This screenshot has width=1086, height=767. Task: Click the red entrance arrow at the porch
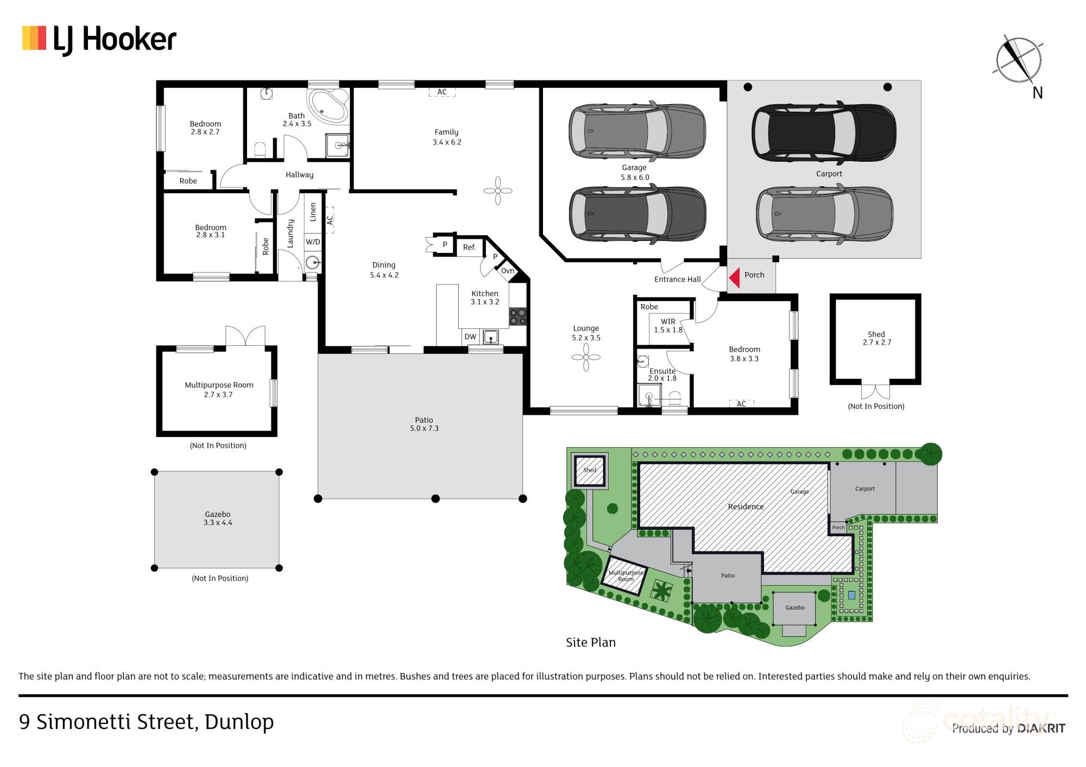(735, 277)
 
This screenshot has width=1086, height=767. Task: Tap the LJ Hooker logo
(99, 40)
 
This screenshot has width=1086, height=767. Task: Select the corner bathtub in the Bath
(327, 105)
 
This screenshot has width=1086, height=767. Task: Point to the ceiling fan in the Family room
(498, 191)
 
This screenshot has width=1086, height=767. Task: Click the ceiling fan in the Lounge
(586, 357)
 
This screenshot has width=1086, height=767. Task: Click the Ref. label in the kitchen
(469, 248)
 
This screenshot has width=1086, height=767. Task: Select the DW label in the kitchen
(470, 337)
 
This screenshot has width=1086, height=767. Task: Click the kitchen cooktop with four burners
(517, 316)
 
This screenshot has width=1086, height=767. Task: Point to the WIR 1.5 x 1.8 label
(668, 326)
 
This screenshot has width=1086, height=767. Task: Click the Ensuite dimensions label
(662, 378)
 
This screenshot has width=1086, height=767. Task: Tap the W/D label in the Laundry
(313, 242)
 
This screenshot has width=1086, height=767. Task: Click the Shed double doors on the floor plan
(876, 391)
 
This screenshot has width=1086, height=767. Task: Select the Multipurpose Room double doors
(245, 335)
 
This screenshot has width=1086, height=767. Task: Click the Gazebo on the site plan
(794, 608)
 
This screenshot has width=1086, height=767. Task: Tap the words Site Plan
(591, 643)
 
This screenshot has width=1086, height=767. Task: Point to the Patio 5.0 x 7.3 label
(424, 424)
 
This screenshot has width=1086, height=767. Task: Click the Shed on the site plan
(590, 470)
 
